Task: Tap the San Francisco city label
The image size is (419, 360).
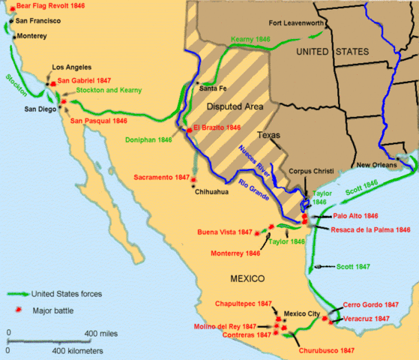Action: (x=40, y=20)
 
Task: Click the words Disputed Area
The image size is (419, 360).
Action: (x=236, y=107)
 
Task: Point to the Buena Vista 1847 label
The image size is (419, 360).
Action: (x=224, y=232)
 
